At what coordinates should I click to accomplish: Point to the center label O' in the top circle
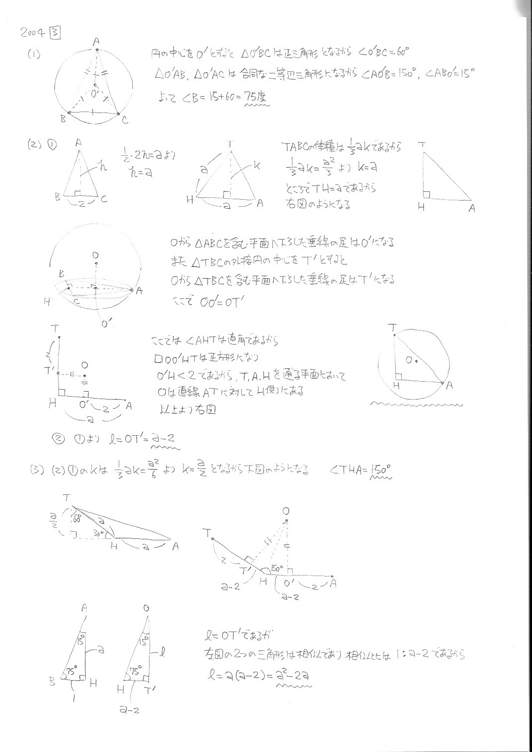pos(95,93)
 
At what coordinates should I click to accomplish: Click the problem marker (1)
pos(34,55)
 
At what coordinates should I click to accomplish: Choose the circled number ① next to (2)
pos(52,145)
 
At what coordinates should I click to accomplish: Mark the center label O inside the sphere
pos(95,255)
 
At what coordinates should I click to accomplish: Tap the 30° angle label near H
pos(98,535)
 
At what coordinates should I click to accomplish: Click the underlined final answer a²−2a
pos(294,675)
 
